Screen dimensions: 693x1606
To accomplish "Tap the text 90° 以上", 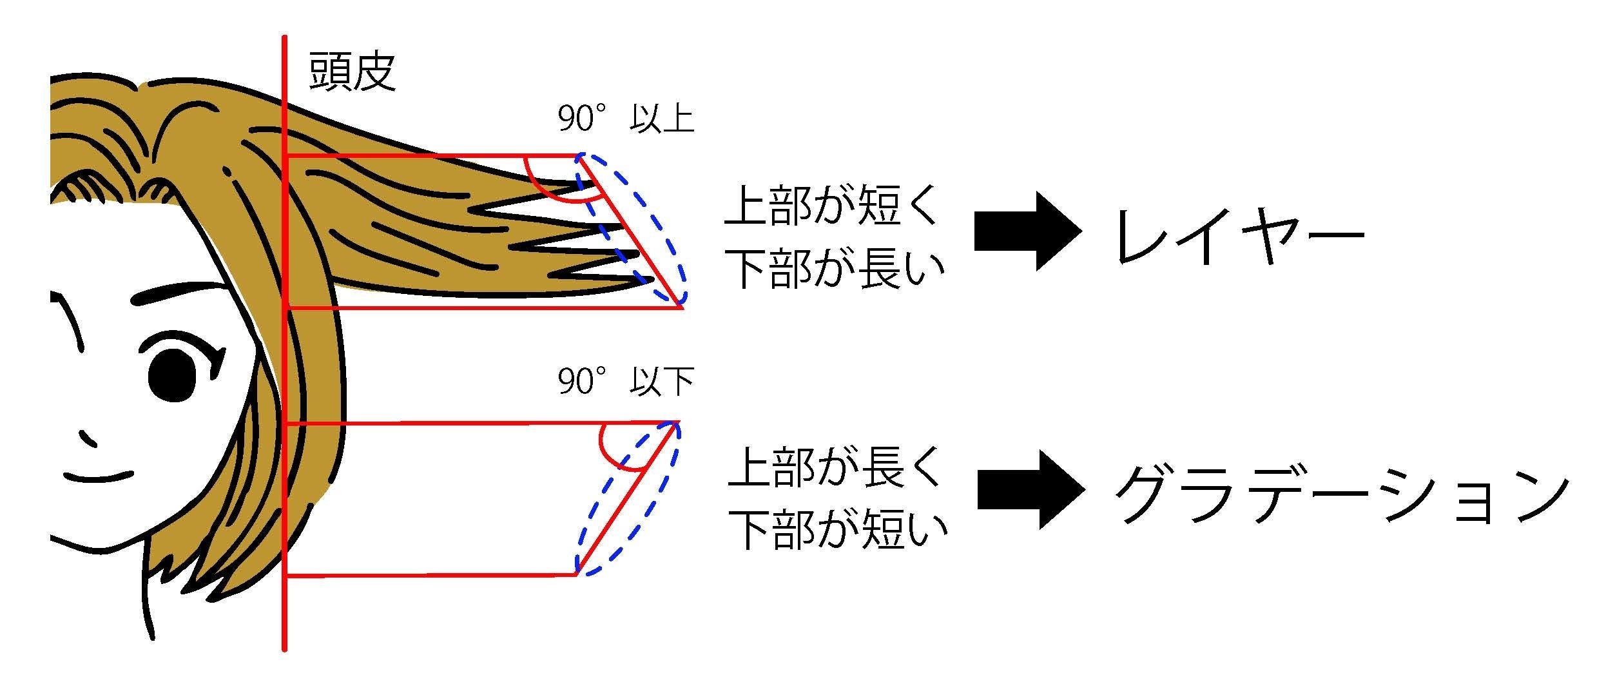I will point(625,119).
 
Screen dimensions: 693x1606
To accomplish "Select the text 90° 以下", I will point(625,382).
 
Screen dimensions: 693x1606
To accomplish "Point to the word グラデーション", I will point(1340,497).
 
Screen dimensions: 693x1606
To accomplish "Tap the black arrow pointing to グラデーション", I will point(1029,490).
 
